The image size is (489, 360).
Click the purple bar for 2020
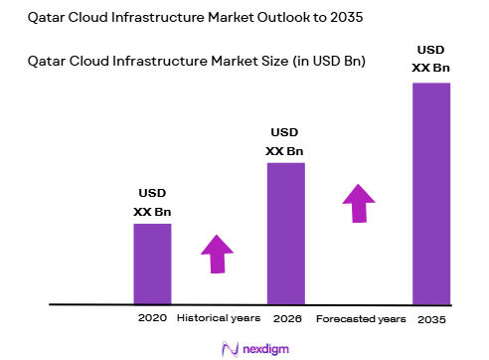tap(152, 263)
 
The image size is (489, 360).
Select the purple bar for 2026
tap(285, 233)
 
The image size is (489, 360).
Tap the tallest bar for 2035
tap(431, 192)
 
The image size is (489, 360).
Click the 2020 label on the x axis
tap(152, 318)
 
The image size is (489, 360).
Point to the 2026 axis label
tap(286, 318)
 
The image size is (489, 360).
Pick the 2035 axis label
tap(431, 319)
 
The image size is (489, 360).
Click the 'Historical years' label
tap(219, 318)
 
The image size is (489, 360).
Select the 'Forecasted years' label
tap(361, 319)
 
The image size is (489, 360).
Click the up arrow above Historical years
tap(216, 254)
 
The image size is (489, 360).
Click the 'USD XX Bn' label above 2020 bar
tap(152, 203)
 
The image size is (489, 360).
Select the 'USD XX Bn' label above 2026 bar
tap(284, 141)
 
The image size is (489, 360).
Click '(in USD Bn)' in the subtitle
tap(329, 62)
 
